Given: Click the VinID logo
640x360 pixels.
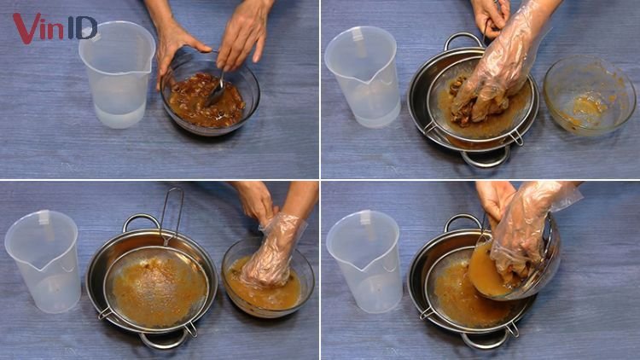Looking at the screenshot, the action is click(x=55, y=27).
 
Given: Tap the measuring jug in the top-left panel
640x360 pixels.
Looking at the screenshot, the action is click(x=117, y=75).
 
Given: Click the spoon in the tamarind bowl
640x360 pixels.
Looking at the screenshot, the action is click(x=217, y=90).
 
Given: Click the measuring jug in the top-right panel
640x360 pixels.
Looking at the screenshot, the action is click(x=363, y=77).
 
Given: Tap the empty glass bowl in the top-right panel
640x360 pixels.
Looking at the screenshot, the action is click(x=590, y=96).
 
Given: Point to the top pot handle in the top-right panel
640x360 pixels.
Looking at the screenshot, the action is click(x=463, y=39).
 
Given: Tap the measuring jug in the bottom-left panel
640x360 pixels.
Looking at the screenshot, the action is click(x=44, y=261).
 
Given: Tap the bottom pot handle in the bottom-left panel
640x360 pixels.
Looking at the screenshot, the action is click(x=164, y=340).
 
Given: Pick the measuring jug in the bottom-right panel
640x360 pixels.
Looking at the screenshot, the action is click(x=364, y=261).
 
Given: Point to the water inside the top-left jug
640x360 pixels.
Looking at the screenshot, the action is click(x=120, y=114).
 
